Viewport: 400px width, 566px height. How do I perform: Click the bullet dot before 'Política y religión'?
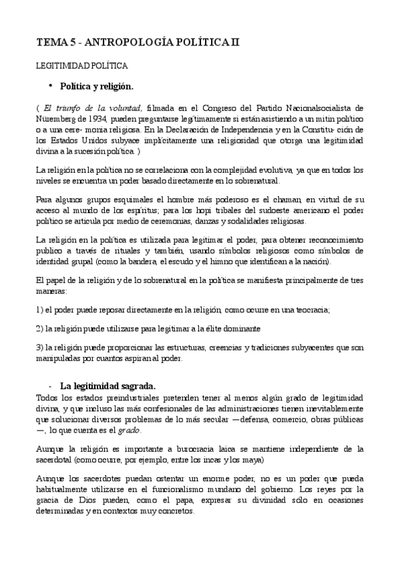[x=50, y=85]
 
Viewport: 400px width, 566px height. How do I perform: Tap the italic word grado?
[x=130, y=431]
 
